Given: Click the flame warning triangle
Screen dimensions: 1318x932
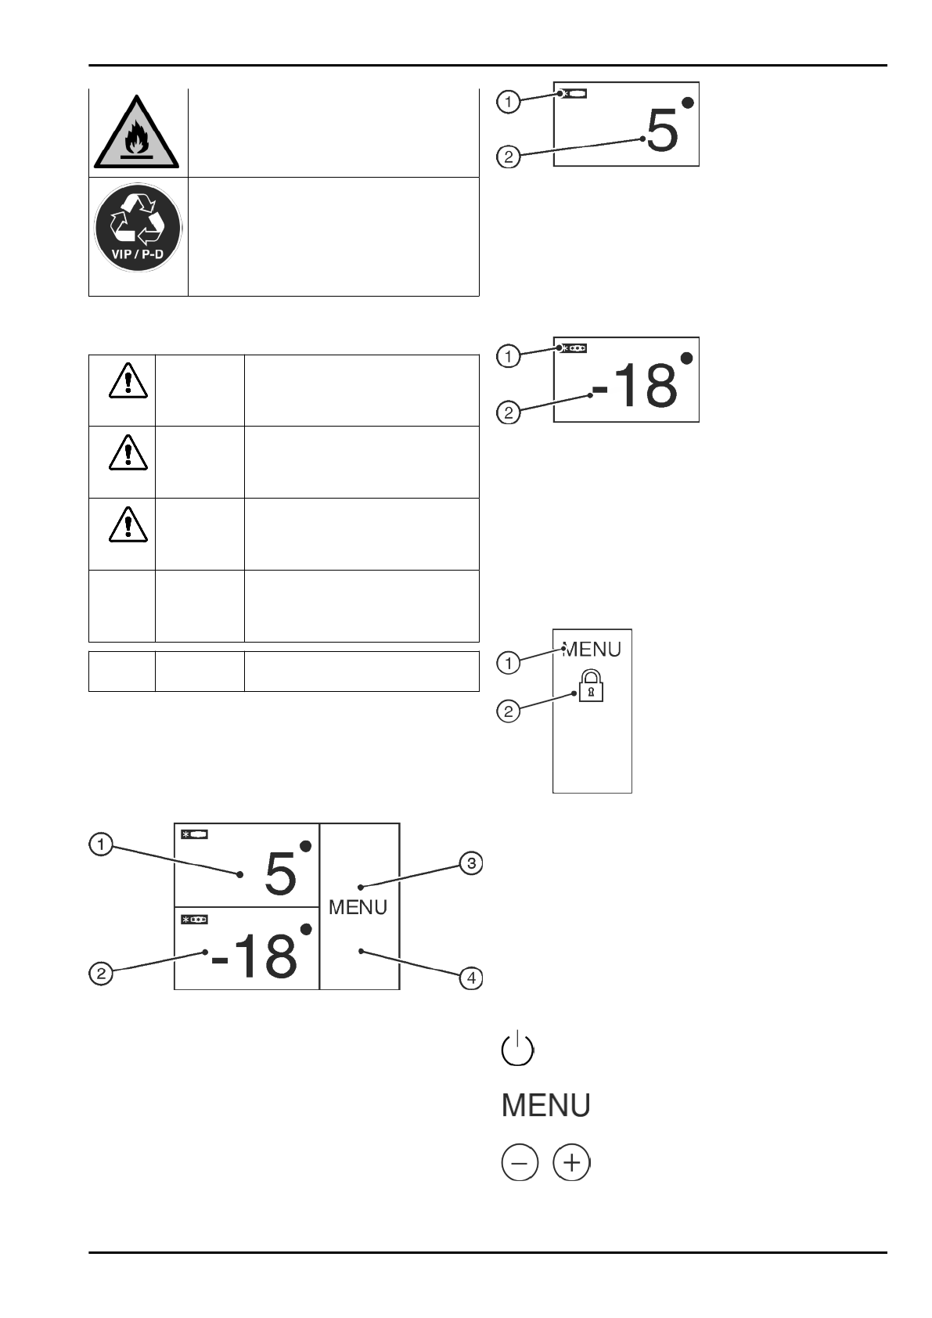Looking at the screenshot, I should (x=137, y=134).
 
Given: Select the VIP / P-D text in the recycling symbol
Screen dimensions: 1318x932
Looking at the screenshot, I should (x=138, y=254).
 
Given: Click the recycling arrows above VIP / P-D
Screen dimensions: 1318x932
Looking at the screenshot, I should (x=138, y=218).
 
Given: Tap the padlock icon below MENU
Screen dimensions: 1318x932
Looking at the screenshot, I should (x=591, y=686).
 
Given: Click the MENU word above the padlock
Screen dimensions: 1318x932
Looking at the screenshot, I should (x=592, y=649).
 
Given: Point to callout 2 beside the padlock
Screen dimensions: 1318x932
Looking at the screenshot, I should (x=509, y=711).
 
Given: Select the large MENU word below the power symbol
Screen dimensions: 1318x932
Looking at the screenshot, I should (x=545, y=1105).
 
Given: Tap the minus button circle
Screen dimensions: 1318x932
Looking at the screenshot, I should (x=520, y=1163).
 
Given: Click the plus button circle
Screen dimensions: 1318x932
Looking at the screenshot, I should (x=571, y=1163).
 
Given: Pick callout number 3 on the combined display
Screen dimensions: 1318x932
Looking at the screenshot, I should (x=470, y=864).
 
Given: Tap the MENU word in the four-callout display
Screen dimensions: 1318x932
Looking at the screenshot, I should (x=358, y=907).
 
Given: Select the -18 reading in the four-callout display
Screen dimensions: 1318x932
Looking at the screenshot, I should (x=255, y=956).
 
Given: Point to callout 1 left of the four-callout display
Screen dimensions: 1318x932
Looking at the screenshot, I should (x=100, y=845).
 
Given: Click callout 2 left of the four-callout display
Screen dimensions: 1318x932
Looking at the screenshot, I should (x=100, y=974).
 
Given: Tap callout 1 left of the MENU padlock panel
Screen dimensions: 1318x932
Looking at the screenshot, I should (x=509, y=663).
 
